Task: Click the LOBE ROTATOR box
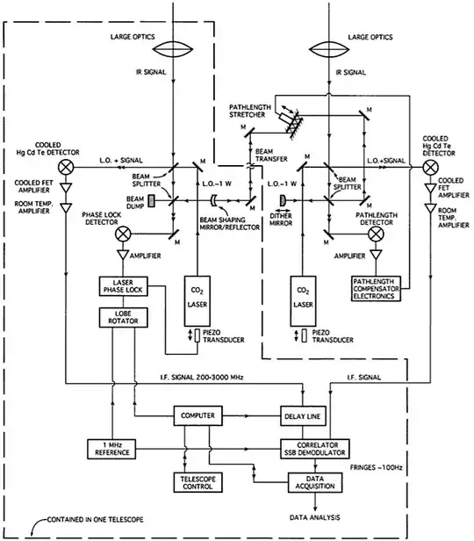(x=118, y=317)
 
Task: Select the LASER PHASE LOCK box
(x=118, y=287)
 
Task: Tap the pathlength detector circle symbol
(x=378, y=234)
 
